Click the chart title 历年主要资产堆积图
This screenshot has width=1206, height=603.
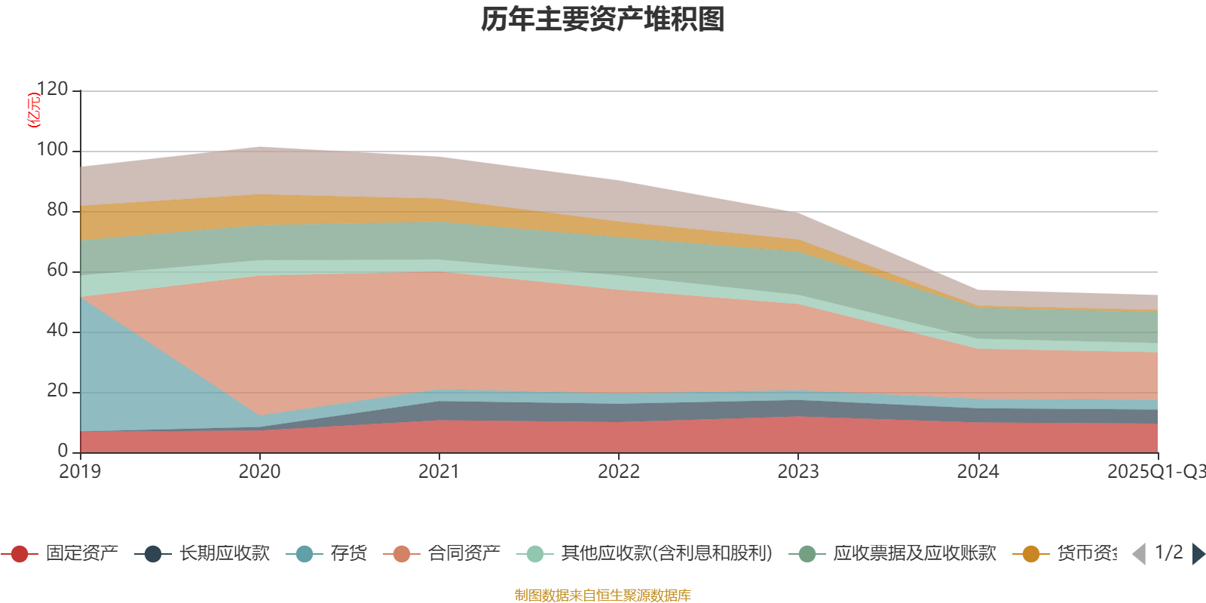coord(603,20)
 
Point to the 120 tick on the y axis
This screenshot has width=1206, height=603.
coord(53,90)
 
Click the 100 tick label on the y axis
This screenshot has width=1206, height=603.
coord(53,150)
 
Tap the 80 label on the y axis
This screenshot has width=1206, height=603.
coord(57,210)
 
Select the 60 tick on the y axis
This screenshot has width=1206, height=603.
coord(57,271)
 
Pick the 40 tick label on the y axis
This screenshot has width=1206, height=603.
coord(57,331)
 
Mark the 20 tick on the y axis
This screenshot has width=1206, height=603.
coord(57,391)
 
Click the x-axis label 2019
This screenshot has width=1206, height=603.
coord(80,472)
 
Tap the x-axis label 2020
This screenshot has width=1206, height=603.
coord(259,472)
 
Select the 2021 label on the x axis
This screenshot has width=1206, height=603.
coord(439,472)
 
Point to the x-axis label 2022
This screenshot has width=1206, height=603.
coord(619,472)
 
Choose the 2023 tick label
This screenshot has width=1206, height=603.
coord(798,472)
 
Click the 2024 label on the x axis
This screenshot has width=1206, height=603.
coord(978,472)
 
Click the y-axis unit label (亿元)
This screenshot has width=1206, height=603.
coord(33,110)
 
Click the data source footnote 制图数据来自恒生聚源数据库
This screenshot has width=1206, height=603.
coord(603,595)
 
